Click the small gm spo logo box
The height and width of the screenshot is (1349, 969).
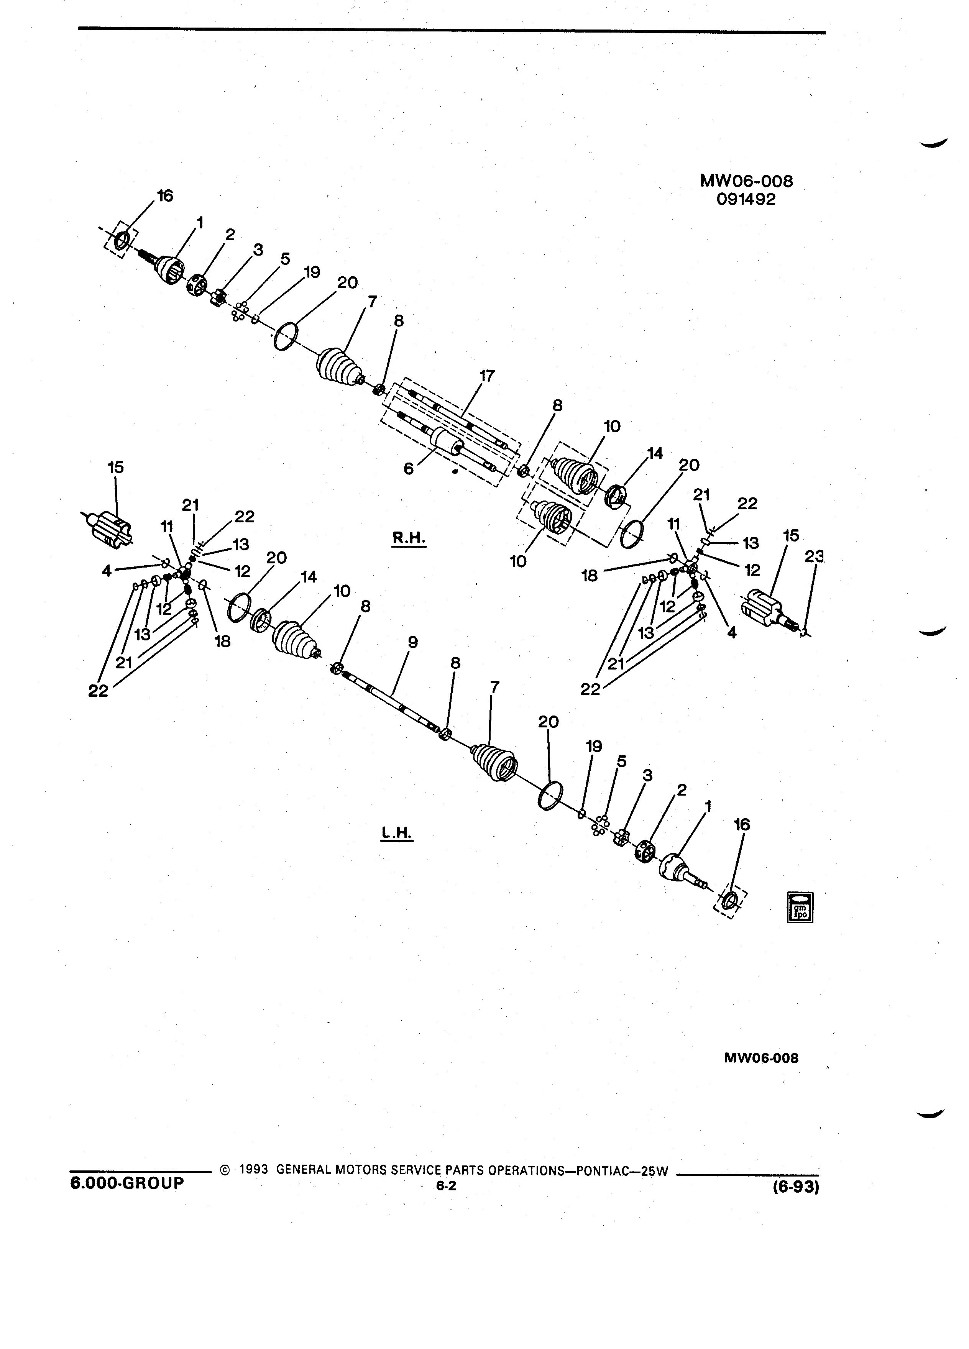(800, 907)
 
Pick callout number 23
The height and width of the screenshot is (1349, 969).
(815, 556)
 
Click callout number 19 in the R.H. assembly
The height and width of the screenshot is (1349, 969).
(312, 272)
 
